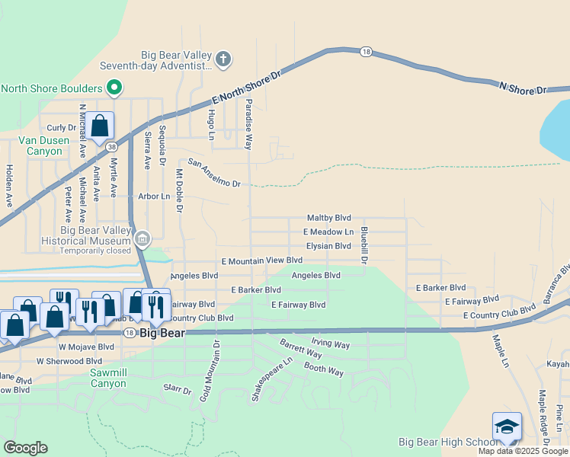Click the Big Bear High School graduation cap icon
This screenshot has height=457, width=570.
pos(507,427)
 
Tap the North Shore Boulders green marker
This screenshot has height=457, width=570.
pos(114,88)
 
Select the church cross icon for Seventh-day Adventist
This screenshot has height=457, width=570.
pos(223,59)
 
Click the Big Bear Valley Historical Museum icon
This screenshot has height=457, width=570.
pos(142,240)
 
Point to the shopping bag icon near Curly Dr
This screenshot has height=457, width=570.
pos(100,126)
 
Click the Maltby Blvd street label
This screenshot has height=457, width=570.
pos(328,218)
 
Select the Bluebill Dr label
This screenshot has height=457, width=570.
pos(365,245)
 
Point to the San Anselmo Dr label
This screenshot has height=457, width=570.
pos(214,174)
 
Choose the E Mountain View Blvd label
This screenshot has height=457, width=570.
pos(261,260)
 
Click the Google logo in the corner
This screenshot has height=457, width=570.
pos(25,448)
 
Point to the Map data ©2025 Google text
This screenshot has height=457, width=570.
pos(522,451)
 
